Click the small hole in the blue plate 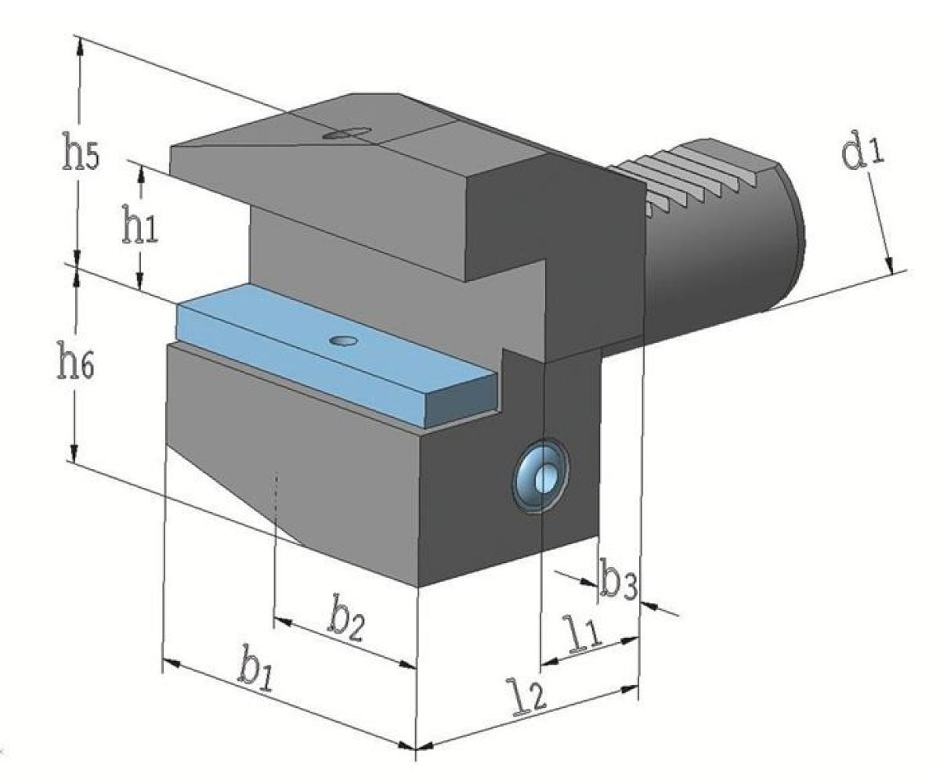[x=343, y=341]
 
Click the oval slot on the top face [x=347, y=133]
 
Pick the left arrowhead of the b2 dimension [x=284, y=622]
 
